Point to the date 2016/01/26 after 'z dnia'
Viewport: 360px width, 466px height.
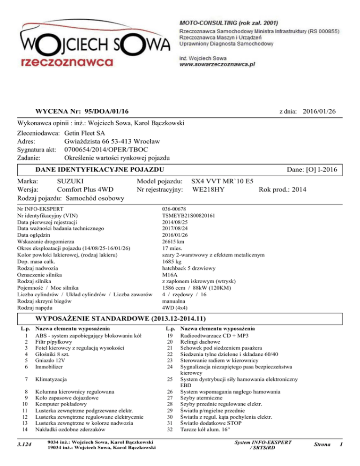[x=319, y=110]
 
